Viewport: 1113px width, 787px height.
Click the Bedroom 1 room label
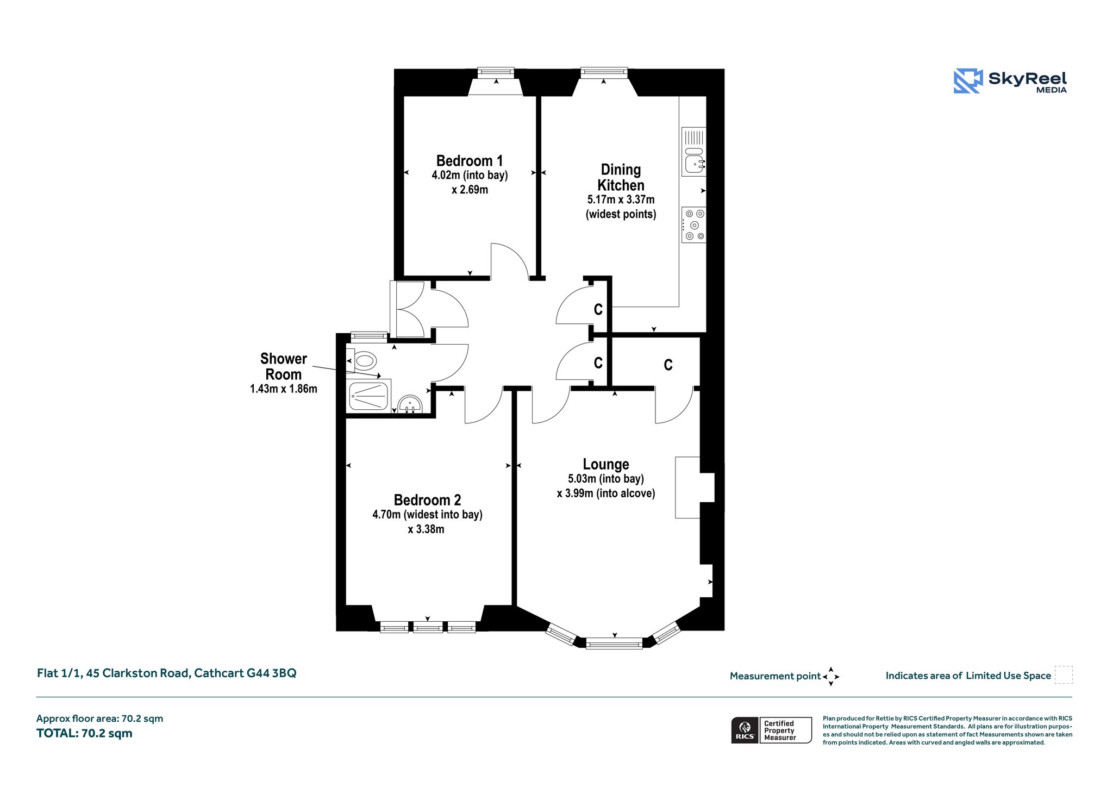(x=470, y=161)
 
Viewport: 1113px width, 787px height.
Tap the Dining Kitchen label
(x=621, y=177)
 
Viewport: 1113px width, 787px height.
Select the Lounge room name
(x=606, y=464)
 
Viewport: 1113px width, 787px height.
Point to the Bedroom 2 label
(x=427, y=500)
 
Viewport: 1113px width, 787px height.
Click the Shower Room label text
(x=284, y=366)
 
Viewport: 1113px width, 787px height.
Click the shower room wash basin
(x=410, y=404)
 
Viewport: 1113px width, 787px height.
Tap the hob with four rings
(x=694, y=224)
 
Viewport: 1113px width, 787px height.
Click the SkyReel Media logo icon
(x=968, y=81)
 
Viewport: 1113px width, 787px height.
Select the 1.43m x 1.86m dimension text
(x=284, y=389)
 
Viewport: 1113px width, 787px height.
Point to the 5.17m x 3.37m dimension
(x=621, y=200)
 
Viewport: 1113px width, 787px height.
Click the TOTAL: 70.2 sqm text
(x=84, y=733)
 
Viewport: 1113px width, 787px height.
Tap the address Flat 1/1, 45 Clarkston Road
(x=114, y=673)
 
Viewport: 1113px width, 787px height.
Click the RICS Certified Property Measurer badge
(x=772, y=730)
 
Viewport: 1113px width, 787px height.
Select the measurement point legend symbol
(x=831, y=677)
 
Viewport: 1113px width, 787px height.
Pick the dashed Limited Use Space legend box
(x=1064, y=674)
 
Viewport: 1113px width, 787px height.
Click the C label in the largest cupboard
(x=668, y=365)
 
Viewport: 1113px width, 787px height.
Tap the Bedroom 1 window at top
(x=496, y=72)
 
